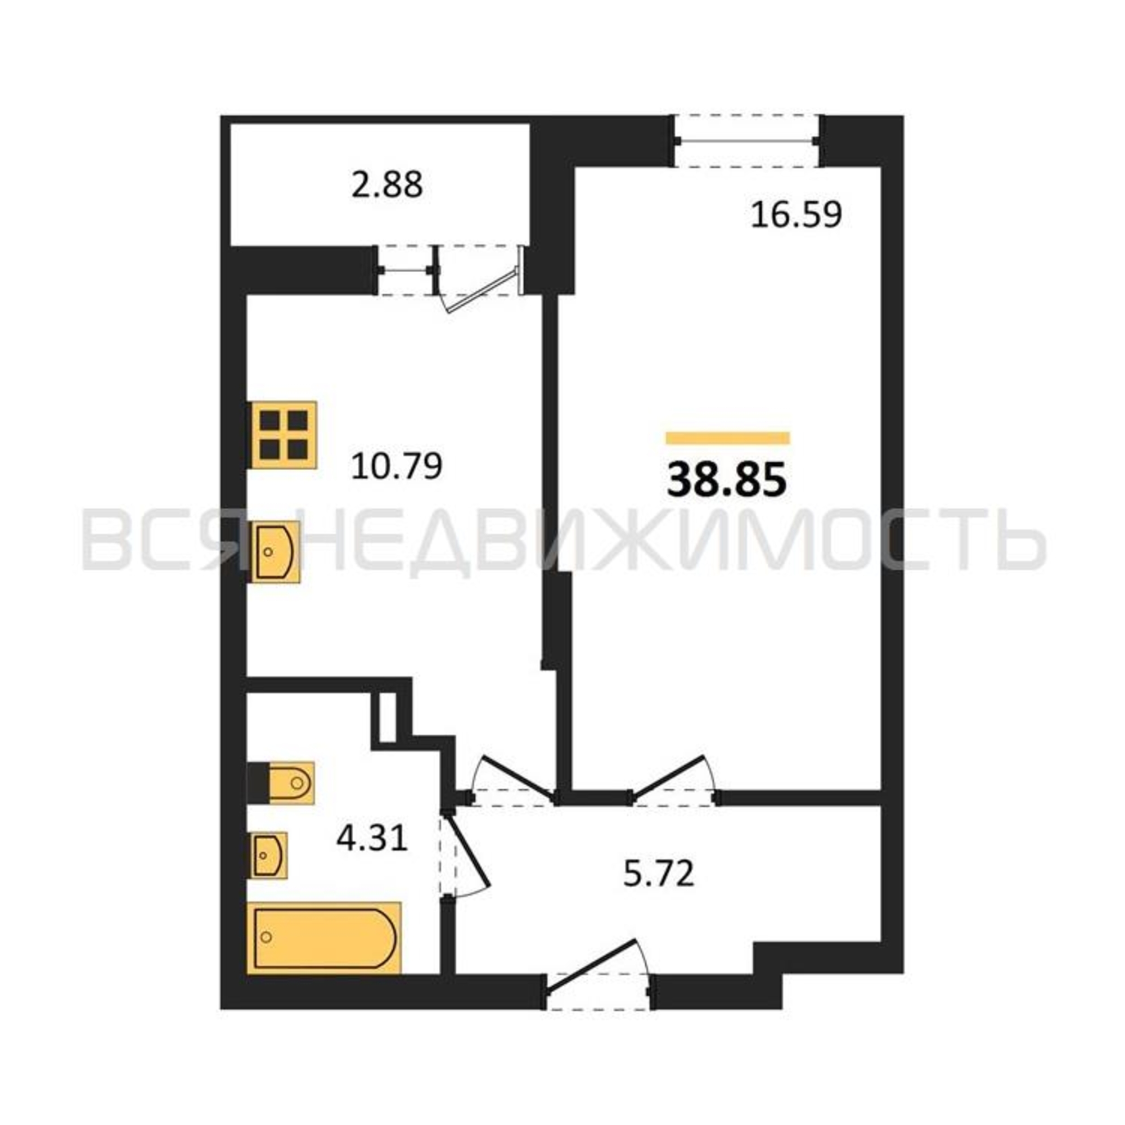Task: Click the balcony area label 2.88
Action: pyautogui.click(x=387, y=185)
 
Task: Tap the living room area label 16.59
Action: pyautogui.click(x=796, y=214)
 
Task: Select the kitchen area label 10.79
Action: pyautogui.click(x=397, y=466)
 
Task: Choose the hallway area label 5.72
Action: pyautogui.click(x=659, y=890)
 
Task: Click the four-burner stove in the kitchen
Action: pyautogui.click(x=283, y=435)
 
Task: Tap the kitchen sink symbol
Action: pyautogui.click(x=275, y=551)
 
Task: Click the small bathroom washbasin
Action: pyautogui.click(x=268, y=855)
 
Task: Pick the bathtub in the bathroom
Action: pyautogui.click(x=325, y=937)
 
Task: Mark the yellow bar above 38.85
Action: pyautogui.click(x=728, y=438)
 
